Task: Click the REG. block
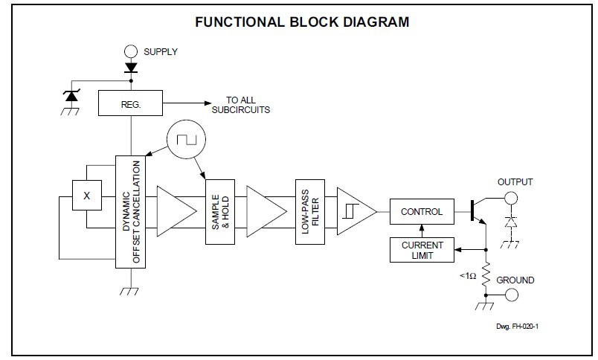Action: pyautogui.click(x=130, y=105)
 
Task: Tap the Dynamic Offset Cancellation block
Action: pyautogui.click(x=131, y=212)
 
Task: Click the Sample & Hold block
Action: pyautogui.click(x=219, y=212)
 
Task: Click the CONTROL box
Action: pyautogui.click(x=422, y=211)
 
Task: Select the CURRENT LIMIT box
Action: pyautogui.click(x=422, y=250)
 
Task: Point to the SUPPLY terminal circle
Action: pyautogui.click(x=131, y=51)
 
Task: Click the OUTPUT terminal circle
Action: pyautogui.click(x=509, y=199)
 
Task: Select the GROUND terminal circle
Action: pyautogui.click(x=509, y=295)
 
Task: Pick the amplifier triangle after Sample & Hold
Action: pyautogui.click(x=263, y=211)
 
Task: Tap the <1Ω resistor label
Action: pyautogui.click(x=467, y=275)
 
